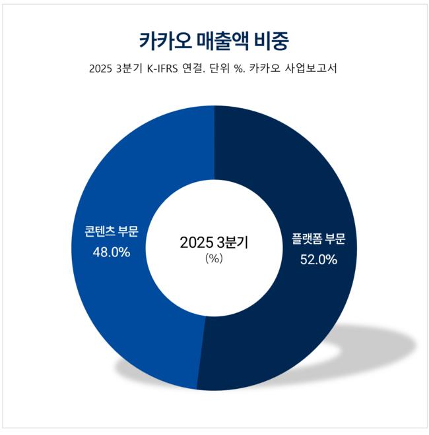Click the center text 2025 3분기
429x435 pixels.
tap(214, 242)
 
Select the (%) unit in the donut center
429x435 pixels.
tap(214, 258)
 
